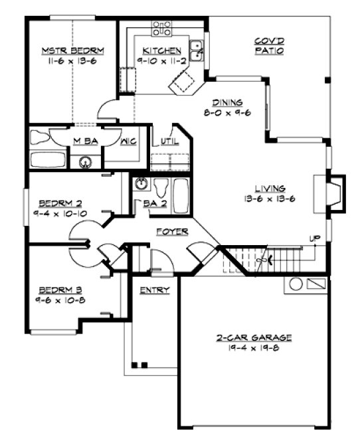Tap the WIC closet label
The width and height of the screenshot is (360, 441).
(x=129, y=141)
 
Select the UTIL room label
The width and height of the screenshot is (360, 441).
(x=167, y=141)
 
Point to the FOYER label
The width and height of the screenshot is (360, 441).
(x=172, y=232)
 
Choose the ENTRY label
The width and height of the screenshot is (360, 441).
(x=154, y=290)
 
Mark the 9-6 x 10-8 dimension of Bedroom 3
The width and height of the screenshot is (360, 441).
(x=60, y=300)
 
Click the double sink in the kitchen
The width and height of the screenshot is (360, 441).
(x=197, y=50)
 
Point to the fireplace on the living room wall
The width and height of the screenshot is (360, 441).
(x=337, y=192)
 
